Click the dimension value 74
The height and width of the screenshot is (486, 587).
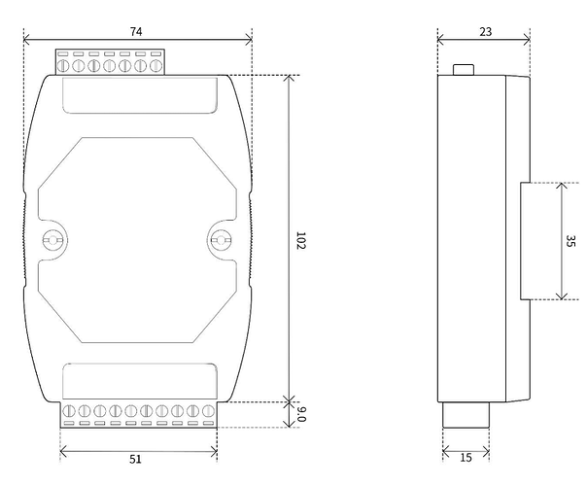click(136, 31)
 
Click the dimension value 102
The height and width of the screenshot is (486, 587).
click(301, 240)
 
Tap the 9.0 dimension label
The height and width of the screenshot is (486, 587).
click(301, 414)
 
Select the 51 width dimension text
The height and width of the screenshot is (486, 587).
click(135, 459)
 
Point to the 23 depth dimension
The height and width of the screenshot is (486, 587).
click(486, 32)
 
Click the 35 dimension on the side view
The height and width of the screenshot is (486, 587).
click(570, 241)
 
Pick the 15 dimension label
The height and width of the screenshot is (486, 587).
click(466, 458)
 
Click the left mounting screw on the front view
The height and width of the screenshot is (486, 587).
click(52, 240)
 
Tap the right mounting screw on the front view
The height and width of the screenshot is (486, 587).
click(221, 240)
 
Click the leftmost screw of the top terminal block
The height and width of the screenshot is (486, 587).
click(62, 66)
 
